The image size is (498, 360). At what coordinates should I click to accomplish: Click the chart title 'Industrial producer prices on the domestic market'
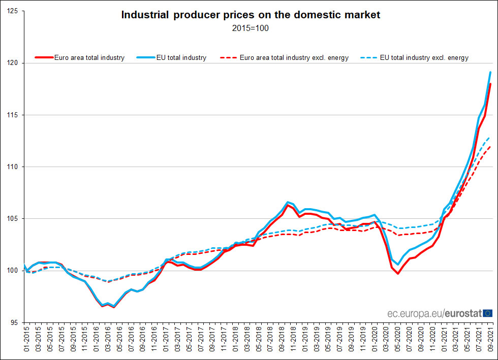click(x=250, y=15)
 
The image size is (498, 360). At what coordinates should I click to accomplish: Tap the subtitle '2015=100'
click(x=250, y=28)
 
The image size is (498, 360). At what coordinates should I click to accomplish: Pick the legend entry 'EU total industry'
click(x=181, y=58)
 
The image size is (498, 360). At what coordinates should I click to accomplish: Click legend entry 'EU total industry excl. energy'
click(x=424, y=58)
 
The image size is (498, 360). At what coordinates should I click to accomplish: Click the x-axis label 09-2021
click(x=491, y=341)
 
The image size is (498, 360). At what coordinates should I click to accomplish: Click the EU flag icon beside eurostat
click(x=487, y=313)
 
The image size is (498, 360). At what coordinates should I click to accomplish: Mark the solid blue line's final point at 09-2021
click(x=490, y=72)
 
